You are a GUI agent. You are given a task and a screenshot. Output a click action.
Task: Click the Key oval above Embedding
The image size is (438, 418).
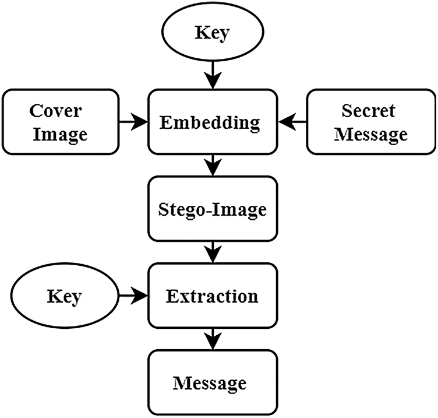coord(213,33)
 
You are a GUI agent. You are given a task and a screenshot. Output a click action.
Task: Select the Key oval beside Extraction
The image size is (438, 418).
coord(63,296)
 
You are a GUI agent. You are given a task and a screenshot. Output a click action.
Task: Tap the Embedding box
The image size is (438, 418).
coord(212,122)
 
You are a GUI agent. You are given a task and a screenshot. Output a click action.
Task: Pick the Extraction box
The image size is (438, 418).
coord(212,296)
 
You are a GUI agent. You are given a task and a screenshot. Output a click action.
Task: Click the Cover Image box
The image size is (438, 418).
coord(61,122)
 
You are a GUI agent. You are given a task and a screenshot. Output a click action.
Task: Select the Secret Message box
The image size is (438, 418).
coord(368,122)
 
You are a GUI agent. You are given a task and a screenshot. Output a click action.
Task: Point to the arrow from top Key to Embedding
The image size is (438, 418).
coord(213,75)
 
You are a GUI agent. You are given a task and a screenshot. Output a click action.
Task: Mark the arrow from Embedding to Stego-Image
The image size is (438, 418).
coord(213,166)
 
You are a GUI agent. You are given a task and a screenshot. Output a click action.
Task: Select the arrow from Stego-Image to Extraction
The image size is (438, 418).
coord(213,252)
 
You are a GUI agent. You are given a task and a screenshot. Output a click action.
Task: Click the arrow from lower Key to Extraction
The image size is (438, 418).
coord(133,296)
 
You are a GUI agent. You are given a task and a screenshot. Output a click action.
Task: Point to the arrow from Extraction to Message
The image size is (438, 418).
coord(213,339)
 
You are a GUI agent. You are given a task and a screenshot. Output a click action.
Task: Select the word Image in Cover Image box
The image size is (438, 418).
coord(60,134)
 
